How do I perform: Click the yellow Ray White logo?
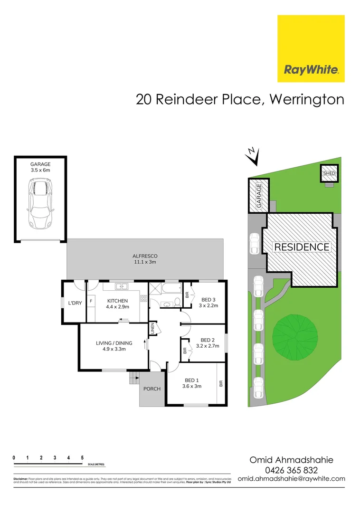[x=311, y=48]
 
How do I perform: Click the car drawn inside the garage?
[x=40, y=202]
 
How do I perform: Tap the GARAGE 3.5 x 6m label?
[x=40, y=167]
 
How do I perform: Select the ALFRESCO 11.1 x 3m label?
[x=144, y=259]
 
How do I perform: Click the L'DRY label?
[x=75, y=303]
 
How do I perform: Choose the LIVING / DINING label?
[x=114, y=346]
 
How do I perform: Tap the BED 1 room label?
[x=192, y=383]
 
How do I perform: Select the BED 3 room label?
[x=208, y=302]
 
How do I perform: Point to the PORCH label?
[x=152, y=389]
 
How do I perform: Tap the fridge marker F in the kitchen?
[x=90, y=301]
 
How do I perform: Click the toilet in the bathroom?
[x=176, y=301]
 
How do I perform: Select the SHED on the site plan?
[x=329, y=173]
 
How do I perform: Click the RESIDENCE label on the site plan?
[x=301, y=247]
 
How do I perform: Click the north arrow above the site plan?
[x=253, y=155]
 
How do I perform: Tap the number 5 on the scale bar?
[x=82, y=457]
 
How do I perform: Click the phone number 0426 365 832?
[x=291, y=470]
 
